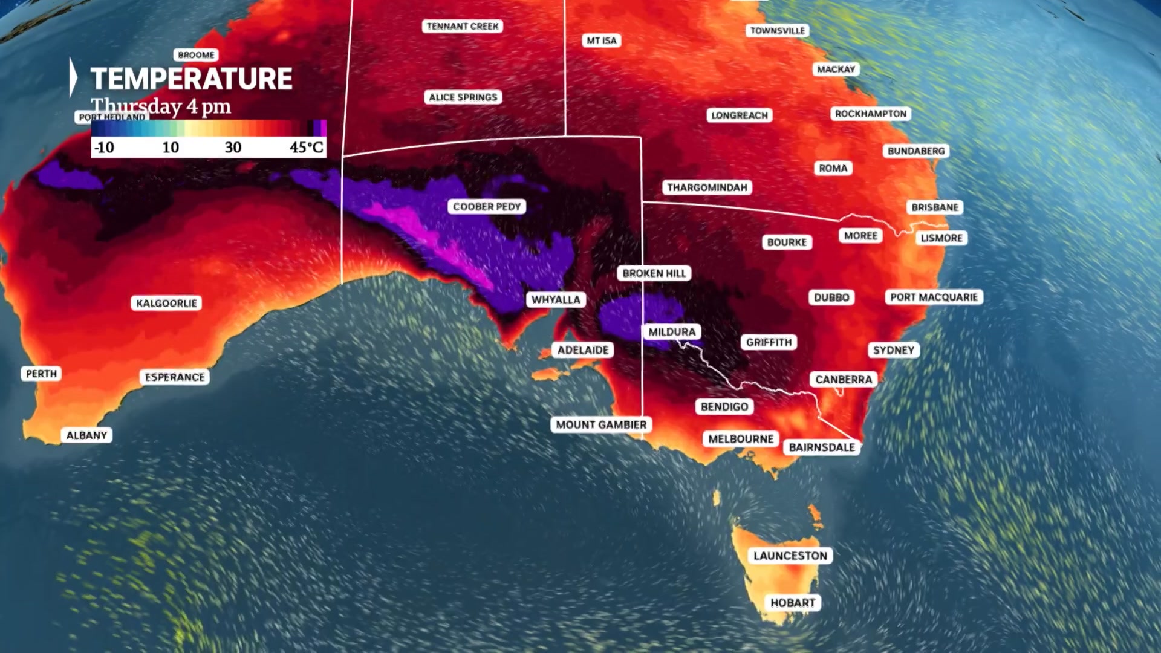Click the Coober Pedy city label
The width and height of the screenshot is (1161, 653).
coord(487,207)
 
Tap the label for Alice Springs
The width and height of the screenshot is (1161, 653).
coord(463,97)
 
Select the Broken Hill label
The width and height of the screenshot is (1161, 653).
coord(654,273)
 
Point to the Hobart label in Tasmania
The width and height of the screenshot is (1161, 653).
coord(793,603)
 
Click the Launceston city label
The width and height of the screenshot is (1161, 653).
coord(790,556)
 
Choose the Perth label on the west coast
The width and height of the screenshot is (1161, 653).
coord(41,374)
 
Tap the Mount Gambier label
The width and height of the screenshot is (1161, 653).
coord(601,425)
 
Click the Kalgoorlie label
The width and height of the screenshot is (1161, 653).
coord(166,303)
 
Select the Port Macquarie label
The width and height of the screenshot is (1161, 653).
coord(934,297)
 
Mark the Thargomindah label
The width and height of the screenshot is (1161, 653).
coord(707,187)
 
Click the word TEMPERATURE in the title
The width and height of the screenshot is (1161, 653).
coord(191,79)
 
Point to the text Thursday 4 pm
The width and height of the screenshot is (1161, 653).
coord(161,106)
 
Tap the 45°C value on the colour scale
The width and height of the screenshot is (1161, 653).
coord(306,147)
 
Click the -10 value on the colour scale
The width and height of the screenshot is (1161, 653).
coord(104,147)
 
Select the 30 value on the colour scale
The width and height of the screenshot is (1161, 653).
coord(233,147)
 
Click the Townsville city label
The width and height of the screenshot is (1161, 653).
coord(778,31)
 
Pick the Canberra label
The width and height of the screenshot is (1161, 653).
coord(844,380)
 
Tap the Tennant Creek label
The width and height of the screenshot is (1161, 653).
coord(463,27)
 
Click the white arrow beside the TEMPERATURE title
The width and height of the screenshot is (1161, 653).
coord(73,77)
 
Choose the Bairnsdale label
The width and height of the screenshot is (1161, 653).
coord(822,447)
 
